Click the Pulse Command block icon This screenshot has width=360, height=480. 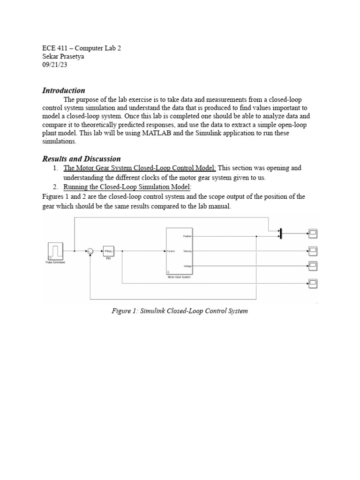click(56, 251)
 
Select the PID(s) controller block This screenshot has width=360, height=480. click(108, 251)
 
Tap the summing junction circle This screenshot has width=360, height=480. click(90, 251)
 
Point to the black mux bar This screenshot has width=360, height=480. click(280, 233)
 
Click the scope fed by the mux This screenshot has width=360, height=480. click(312, 232)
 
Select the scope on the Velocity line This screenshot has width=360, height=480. click(312, 250)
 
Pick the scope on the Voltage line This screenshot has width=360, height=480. click(312, 266)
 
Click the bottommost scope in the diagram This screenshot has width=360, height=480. click(312, 283)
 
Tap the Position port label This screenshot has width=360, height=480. click(187, 237)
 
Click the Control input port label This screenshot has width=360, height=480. click(171, 252)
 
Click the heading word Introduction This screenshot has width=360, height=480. click(64, 90)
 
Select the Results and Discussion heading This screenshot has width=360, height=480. click(82, 159)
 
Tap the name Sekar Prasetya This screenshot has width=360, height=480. click(64, 57)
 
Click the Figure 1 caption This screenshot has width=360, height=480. click(180, 311)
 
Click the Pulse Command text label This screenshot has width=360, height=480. click(55, 262)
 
